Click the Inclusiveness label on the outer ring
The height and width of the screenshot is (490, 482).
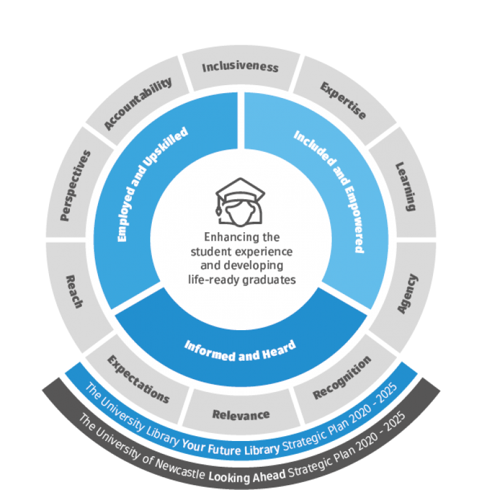coord(240,67)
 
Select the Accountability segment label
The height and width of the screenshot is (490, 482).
coord(137,104)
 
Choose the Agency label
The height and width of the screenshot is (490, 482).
coord(407,295)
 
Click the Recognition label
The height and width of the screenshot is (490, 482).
coord(342,378)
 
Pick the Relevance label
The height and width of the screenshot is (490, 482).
coord(241,415)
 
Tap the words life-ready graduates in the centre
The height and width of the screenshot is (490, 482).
coord(241,279)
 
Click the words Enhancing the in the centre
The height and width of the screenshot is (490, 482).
coord(241,236)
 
